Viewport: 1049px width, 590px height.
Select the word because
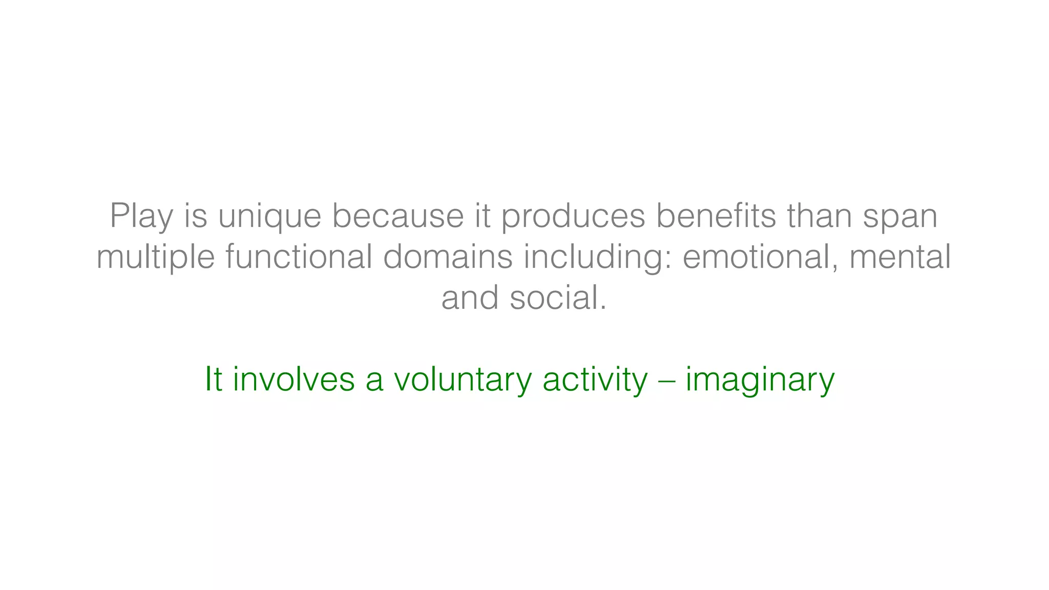tap(397, 216)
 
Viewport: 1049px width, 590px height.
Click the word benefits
tap(716, 216)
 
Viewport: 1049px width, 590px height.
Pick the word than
tap(820, 216)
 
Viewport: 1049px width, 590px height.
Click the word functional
tap(299, 257)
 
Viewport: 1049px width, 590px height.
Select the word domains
tap(448, 257)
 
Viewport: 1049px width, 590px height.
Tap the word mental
tap(900, 257)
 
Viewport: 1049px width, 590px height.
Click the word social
tap(558, 298)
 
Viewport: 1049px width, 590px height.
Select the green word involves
tap(293, 380)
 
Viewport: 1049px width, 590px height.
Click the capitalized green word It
tap(213, 380)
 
